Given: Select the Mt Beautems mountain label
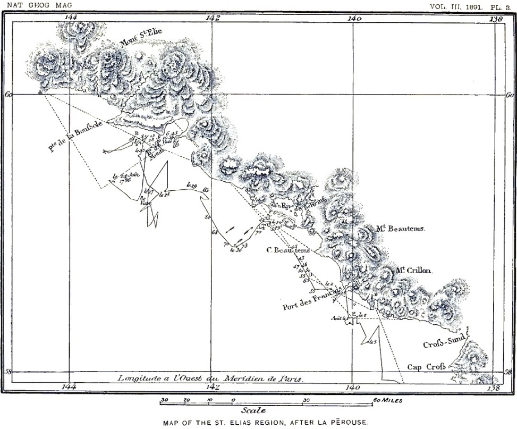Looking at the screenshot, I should tap(401, 229).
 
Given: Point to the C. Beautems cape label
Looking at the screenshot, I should tap(289, 250).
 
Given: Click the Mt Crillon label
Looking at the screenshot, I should tap(414, 270).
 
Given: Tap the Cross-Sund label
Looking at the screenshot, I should tap(444, 342).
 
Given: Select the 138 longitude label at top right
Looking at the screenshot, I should tap(496, 18).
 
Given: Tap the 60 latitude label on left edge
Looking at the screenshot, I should tap(7, 95).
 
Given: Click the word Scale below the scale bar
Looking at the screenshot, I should tap(253, 410).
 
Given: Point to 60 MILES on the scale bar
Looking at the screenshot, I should tap(387, 400).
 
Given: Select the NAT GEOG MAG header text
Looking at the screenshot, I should tap(37, 5).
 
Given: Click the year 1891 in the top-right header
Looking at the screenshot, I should tap(472, 5).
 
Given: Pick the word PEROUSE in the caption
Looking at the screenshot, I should tap(349, 423).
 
